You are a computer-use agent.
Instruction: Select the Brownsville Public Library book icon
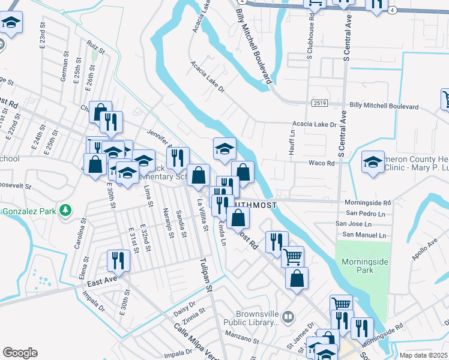(289, 316)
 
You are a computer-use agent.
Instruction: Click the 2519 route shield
(319, 103)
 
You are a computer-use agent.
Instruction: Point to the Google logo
(20, 353)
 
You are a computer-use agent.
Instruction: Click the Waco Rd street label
(321, 163)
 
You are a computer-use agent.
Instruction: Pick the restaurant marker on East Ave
(117, 260)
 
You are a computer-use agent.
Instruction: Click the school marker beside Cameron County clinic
(373, 162)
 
